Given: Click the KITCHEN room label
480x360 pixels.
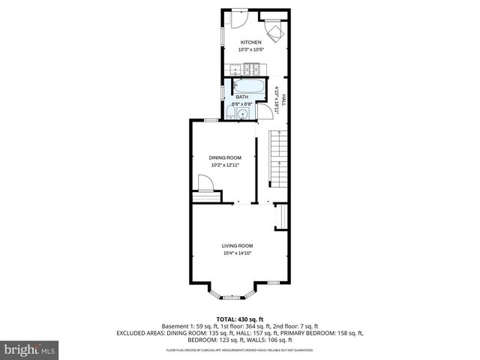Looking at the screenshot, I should click(x=250, y=42).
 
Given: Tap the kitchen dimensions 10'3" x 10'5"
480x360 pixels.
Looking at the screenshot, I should click(x=250, y=49).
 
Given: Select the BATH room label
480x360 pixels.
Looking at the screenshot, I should click(x=241, y=97).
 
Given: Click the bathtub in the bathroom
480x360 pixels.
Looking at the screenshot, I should click(x=248, y=85).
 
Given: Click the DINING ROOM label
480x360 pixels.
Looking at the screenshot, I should click(x=224, y=157).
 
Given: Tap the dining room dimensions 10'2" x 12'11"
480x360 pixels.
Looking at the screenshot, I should click(x=224, y=165).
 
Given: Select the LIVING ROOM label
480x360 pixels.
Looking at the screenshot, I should click(x=236, y=246).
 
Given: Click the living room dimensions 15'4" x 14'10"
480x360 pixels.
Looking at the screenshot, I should click(x=236, y=253).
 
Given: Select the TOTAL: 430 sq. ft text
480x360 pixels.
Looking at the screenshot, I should click(x=239, y=319).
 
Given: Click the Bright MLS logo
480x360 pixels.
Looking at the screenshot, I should click(x=30, y=349).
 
